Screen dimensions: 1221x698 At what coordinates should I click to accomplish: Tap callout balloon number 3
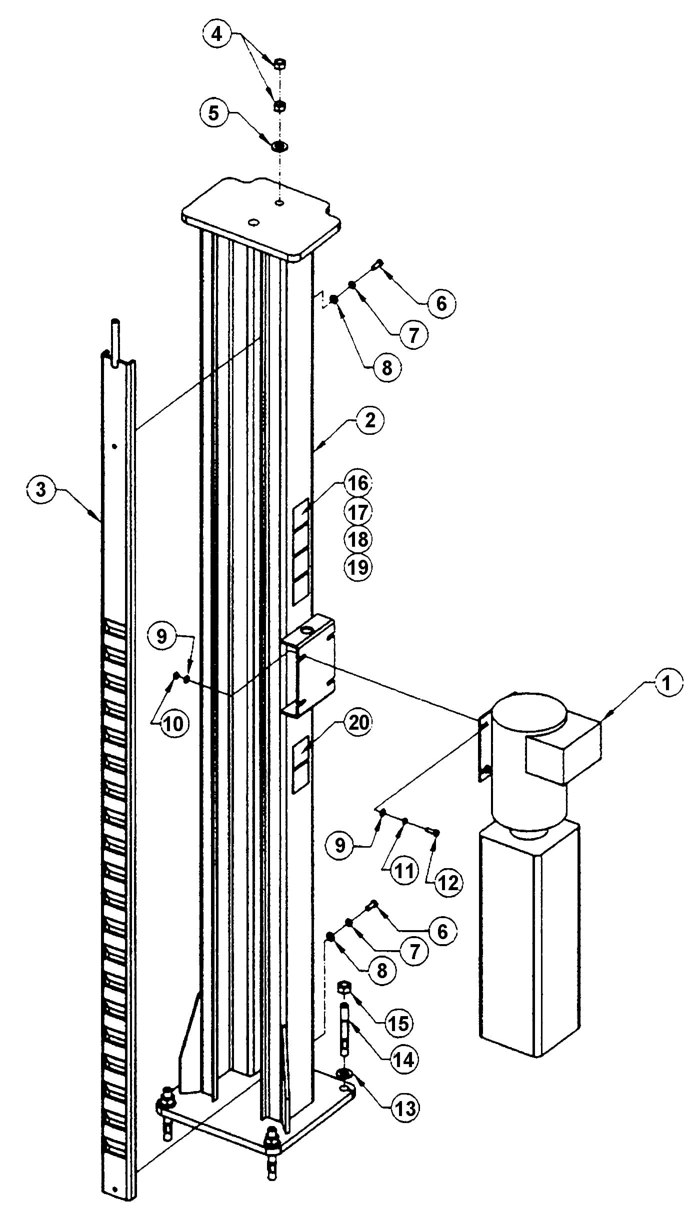[x=40, y=489]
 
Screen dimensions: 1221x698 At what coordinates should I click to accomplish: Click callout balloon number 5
[x=213, y=113]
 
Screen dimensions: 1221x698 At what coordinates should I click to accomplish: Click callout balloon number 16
[x=358, y=484]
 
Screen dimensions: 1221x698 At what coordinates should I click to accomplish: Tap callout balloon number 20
[x=358, y=723]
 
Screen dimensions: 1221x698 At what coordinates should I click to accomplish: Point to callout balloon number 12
[x=448, y=883]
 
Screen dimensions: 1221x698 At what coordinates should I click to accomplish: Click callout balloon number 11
[x=404, y=871]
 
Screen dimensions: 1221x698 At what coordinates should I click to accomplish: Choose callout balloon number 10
[x=173, y=723]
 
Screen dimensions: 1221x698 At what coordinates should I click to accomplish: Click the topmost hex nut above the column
[x=280, y=63]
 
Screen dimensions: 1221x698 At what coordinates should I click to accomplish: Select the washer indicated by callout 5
[x=278, y=147]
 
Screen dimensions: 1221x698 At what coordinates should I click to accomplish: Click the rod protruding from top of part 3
[x=115, y=335]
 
